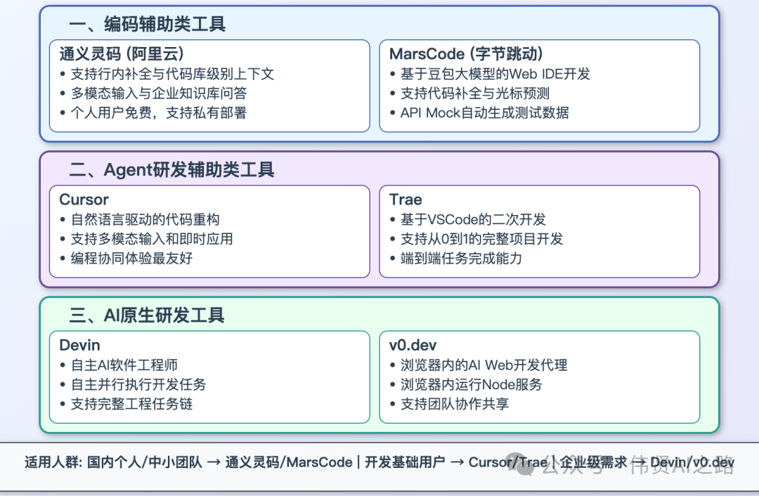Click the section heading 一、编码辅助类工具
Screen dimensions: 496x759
147,25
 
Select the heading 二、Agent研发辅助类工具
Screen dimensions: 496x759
171,170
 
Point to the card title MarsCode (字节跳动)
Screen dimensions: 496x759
466,54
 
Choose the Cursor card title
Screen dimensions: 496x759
84,200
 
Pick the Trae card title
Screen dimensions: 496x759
406,200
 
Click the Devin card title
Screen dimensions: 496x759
80,345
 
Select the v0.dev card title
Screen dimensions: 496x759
413,345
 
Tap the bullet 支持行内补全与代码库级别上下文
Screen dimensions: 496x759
172,74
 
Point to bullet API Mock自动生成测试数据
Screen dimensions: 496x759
484,112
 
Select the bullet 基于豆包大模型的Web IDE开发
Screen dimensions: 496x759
495,74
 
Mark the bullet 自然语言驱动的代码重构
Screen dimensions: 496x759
145,219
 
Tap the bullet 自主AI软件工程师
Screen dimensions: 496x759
124,365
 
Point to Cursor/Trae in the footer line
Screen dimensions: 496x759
507,462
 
